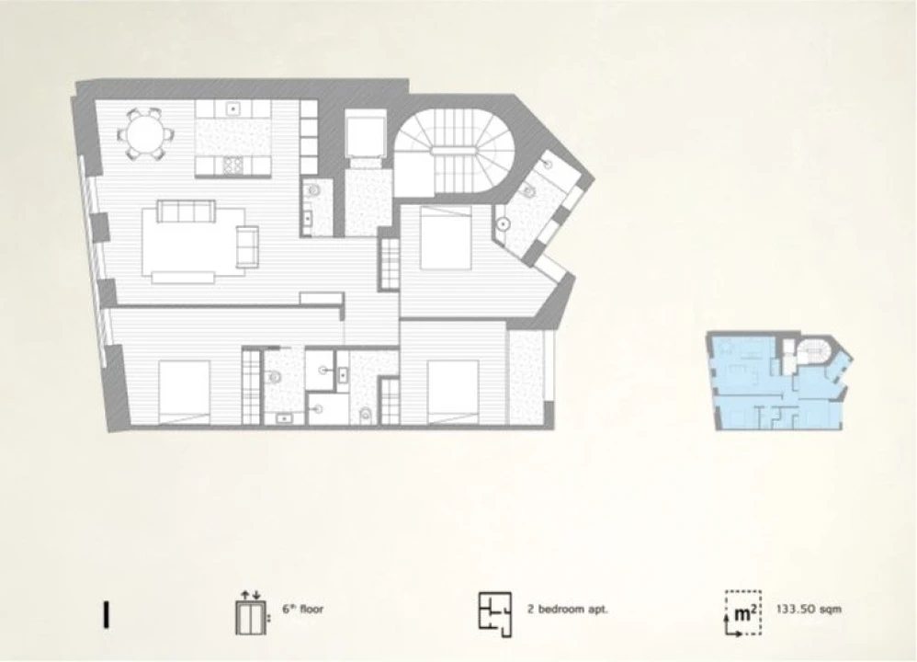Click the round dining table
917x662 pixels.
(145, 134)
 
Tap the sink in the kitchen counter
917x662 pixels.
(232, 108)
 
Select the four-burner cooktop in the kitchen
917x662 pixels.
(232, 166)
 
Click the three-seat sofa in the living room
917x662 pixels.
(186, 211)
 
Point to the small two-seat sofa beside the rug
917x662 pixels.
(247, 246)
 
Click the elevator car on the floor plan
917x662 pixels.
(367, 134)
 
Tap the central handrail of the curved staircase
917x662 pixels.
(454, 151)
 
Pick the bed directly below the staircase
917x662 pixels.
(446, 237)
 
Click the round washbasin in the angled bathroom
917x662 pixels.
(504, 223)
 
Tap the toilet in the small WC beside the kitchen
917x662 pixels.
(314, 191)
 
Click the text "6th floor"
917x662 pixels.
(303, 609)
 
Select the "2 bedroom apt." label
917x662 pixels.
(567, 609)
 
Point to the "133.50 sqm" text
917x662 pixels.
(809, 609)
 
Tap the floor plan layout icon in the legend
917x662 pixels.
(494, 614)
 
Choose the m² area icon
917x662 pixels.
(743, 613)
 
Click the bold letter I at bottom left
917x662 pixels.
(106, 614)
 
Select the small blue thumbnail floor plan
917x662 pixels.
(779, 381)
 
